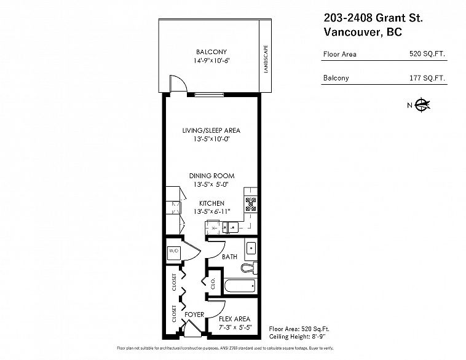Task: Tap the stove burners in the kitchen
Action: click(x=251, y=205)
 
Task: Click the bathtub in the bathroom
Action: click(x=240, y=286)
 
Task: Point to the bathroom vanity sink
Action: click(x=251, y=249)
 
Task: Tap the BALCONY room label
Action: click(x=211, y=52)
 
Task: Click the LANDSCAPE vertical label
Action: click(x=266, y=59)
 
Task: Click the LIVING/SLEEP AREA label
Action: click(x=211, y=130)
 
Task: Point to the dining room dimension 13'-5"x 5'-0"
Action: click(x=211, y=184)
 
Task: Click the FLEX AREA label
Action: click(x=234, y=319)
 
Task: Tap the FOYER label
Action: click(x=194, y=315)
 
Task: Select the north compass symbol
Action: click(x=422, y=104)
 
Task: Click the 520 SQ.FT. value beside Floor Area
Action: click(x=427, y=54)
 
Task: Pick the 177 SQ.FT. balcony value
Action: click(x=427, y=78)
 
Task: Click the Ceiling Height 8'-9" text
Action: click(x=297, y=337)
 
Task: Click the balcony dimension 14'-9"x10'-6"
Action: click(x=211, y=61)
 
